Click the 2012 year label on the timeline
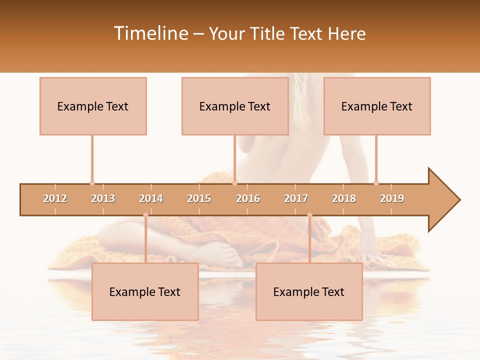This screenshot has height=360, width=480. click(x=55, y=198)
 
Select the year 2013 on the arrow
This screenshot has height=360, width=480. click(x=103, y=198)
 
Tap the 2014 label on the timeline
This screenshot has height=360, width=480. click(x=151, y=198)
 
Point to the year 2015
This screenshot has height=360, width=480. click(x=199, y=198)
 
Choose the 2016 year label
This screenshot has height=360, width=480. click(x=248, y=198)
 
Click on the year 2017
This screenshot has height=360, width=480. click(x=296, y=198)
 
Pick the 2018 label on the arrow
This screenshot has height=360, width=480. click(x=344, y=198)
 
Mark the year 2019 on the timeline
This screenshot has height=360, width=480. click(x=392, y=198)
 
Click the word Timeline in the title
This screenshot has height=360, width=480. click(x=150, y=33)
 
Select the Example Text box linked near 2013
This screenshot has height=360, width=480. click(x=93, y=106)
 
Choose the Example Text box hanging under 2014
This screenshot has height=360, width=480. click(x=145, y=291)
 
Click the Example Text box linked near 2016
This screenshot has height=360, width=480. click(x=235, y=106)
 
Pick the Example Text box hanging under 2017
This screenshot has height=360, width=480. click(x=309, y=291)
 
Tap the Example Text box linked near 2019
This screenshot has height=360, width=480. click(x=377, y=106)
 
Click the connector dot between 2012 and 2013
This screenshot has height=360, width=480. click(x=92, y=183)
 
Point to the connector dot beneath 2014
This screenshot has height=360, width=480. click(x=145, y=215)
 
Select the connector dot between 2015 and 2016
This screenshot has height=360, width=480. click(x=235, y=183)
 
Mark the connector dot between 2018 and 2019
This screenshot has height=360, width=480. click(x=376, y=183)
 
